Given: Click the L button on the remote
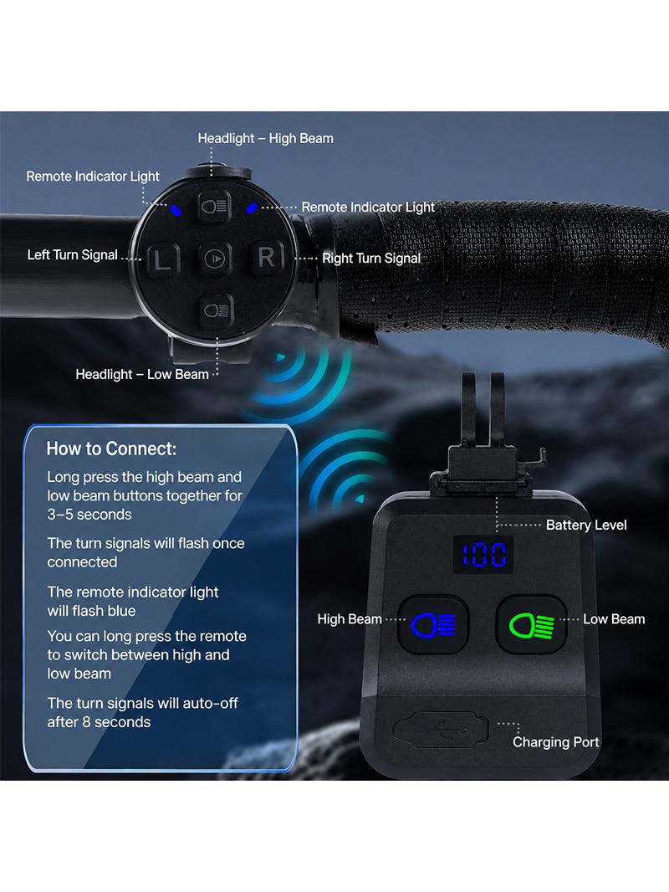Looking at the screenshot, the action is [x=163, y=260].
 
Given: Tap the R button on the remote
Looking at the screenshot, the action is [x=266, y=258].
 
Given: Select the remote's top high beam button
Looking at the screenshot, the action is [x=214, y=206].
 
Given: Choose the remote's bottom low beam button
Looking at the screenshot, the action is [x=217, y=310].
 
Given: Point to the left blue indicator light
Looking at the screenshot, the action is [x=176, y=211].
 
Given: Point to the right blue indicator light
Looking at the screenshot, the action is [x=251, y=209].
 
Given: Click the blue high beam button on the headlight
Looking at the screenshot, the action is [x=433, y=625].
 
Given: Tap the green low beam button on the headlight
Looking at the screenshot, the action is [x=532, y=625].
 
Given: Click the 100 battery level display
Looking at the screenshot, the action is [x=483, y=555].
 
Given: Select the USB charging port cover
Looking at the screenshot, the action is [x=441, y=729].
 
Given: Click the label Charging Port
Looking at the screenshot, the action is [x=556, y=742].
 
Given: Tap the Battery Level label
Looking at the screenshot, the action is [x=586, y=525].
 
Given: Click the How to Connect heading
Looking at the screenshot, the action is [x=111, y=449].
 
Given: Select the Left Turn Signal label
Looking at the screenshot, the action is [x=72, y=255].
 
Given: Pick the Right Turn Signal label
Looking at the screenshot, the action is [x=371, y=259].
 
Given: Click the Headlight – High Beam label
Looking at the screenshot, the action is [x=265, y=138].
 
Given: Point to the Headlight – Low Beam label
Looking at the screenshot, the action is [x=142, y=374].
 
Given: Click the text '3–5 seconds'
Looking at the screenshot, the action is [x=89, y=515].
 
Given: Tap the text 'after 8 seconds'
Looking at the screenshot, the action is [x=99, y=722].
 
